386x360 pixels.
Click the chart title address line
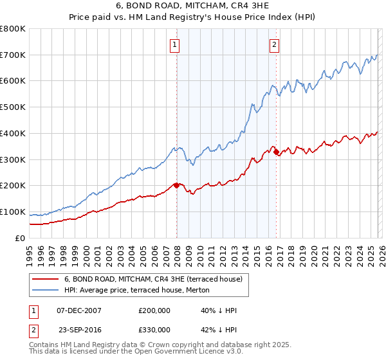tap(192, 6)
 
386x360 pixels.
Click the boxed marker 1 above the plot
tap(175, 44)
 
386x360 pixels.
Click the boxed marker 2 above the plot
tap(275, 44)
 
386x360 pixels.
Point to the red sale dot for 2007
tap(176, 185)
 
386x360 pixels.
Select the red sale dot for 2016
tap(276, 152)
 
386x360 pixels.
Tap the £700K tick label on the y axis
tap(13, 55)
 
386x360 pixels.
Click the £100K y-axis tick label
tap(13, 212)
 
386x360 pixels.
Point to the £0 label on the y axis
tap(19, 238)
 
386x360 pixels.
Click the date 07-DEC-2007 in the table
tap(79, 310)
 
